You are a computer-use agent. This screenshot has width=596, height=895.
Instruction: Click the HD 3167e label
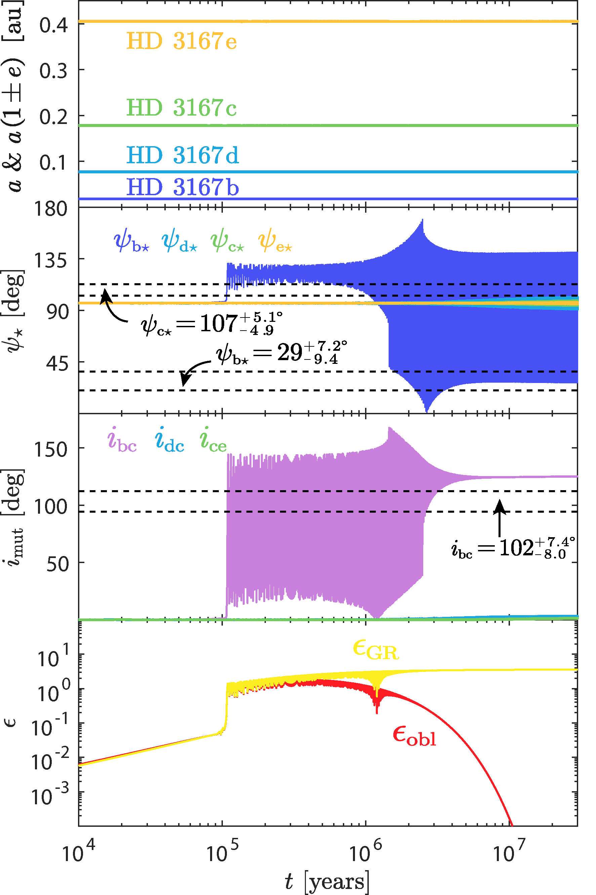tap(181, 41)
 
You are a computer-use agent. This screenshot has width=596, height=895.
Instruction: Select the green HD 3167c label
tap(181, 108)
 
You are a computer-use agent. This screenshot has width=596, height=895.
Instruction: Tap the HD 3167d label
tap(183, 155)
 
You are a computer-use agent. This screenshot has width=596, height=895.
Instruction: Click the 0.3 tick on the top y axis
tap(53, 71)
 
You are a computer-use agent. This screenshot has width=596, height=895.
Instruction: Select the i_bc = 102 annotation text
tap(513, 548)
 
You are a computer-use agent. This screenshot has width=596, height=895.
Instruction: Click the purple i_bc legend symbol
tap(122, 440)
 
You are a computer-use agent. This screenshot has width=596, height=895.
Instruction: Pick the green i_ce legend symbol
tap(213, 440)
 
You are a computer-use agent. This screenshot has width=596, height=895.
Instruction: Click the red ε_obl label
tap(414, 736)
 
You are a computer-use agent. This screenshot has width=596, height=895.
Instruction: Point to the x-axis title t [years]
tap(327, 881)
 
